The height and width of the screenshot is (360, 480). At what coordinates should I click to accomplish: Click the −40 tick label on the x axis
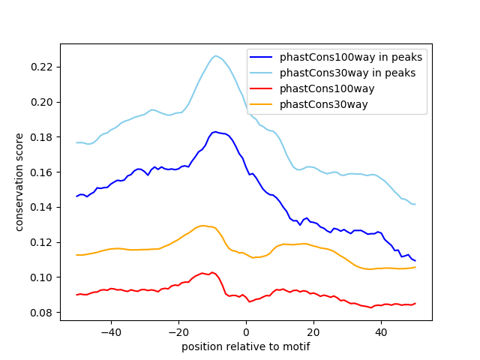pyautogui.click(x=110, y=331)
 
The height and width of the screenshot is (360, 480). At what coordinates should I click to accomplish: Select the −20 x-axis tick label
pyautogui.click(x=178, y=331)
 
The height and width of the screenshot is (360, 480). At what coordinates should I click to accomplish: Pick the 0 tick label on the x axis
pyautogui.click(x=246, y=331)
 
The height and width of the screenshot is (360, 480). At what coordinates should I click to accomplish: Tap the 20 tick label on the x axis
pyautogui.click(x=313, y=331)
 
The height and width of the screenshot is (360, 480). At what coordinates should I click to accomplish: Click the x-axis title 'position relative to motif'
pyautogui.click(x=246, y=346)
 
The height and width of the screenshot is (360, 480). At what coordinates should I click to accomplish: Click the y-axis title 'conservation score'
pyautogui.click(x=19, y=182)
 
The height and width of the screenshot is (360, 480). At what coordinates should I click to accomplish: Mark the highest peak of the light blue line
pyautogui.click(x=215, y=55)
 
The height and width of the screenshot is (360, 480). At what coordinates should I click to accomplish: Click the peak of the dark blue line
pyautogui.click(x=215, y=132)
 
